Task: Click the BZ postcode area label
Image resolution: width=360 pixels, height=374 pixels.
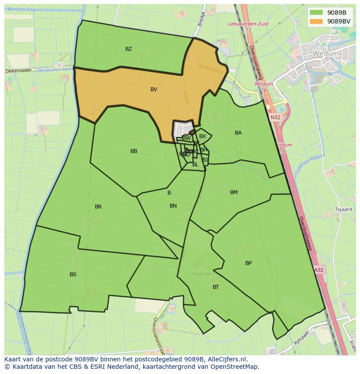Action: coord(129,49)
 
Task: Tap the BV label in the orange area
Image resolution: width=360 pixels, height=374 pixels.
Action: coord(154,89)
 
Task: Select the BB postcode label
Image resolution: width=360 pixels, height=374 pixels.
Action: coord(134,151)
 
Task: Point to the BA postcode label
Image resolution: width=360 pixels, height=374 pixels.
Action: coord(238,133)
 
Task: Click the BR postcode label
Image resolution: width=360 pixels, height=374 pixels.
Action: coord(98,207)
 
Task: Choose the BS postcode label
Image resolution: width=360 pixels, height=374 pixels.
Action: coord(73,275)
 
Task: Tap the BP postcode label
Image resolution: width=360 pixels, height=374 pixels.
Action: coord(248,263)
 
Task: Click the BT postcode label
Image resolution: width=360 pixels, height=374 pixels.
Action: coord(216,287)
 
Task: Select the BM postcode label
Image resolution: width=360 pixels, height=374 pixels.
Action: coord(234,192)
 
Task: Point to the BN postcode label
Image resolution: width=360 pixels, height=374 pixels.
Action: coord(173,206)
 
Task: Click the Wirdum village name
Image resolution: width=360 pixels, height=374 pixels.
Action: coord(325,53)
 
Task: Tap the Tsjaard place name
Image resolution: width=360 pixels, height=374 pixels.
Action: coord(343,209)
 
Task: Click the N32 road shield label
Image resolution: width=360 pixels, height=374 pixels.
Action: coord(275,117)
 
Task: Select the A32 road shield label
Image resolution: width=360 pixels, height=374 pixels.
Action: coord(319,270)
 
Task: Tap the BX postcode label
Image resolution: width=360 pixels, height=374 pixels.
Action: coord(203,136)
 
